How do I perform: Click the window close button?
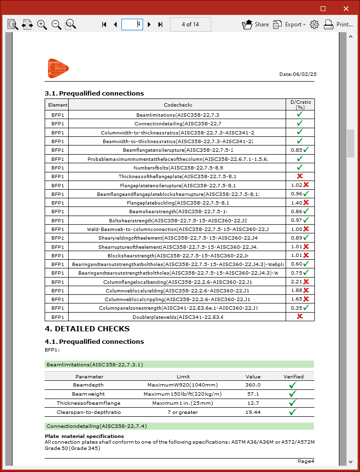346,8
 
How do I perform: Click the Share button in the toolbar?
255,24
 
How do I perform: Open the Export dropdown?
289,24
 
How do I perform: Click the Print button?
338,24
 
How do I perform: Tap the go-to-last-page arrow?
160,24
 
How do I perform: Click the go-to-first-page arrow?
104,24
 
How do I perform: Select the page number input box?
132,24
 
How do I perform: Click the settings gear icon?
314,24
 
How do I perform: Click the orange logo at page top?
58,68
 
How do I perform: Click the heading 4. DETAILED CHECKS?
87,329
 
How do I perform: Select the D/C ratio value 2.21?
296,282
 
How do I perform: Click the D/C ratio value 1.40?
296,203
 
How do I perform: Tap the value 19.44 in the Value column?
253,412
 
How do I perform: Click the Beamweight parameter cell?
88,394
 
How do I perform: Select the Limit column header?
183,376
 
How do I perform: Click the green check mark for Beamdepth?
293,385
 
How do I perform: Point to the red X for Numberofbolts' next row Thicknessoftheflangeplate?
300,176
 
